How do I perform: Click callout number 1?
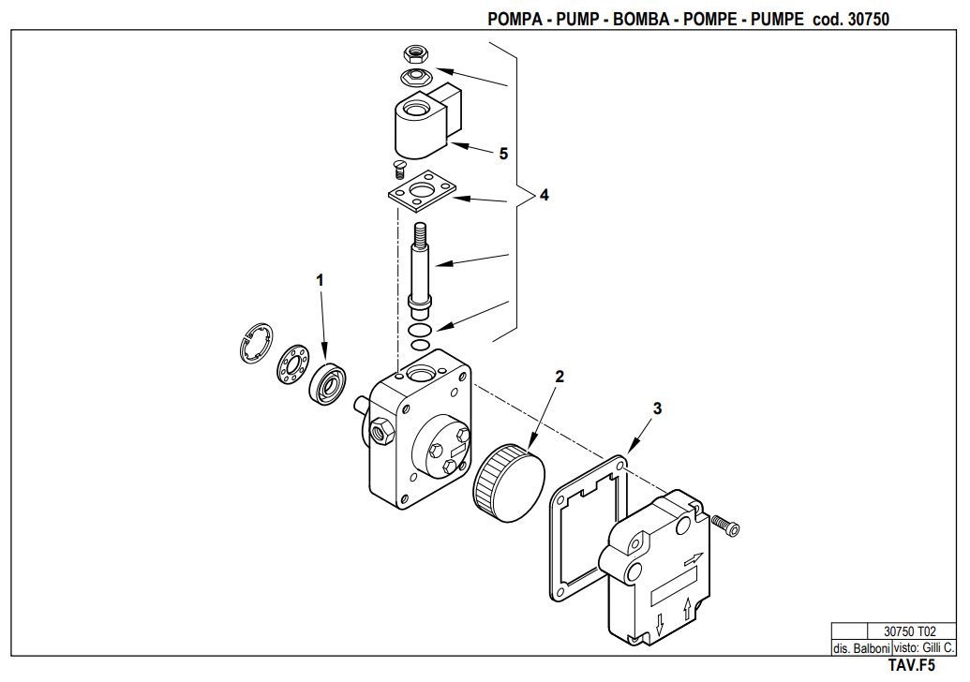(x=320, y=280)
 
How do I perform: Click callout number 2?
(x=560, y=376)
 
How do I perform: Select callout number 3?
(x=657, y=408)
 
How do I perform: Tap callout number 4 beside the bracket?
(x=544, y=195)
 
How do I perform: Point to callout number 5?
(x=503, y=154)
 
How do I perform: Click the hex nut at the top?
(x=414, y=54)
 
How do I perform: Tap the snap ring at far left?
(x=256, y=343)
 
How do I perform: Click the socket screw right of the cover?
(x=725, y=525)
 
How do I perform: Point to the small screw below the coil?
(x=399, y=168)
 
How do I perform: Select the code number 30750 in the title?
(x=868, y=19)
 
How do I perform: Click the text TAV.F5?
(x=912, y=665)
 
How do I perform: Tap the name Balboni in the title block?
(x=871, y=648)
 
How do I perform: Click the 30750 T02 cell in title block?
(x=910, y=631)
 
